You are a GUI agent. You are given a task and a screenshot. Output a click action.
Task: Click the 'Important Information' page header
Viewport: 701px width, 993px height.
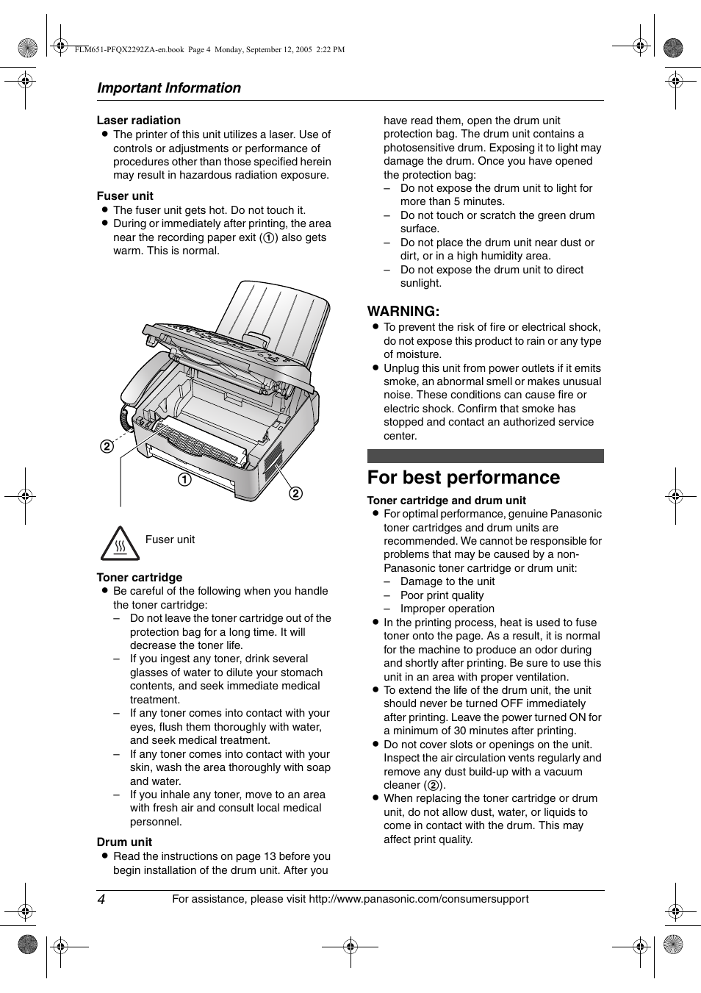click(168, 87)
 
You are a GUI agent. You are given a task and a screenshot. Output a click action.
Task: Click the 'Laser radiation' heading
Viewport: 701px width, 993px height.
click(138, 121)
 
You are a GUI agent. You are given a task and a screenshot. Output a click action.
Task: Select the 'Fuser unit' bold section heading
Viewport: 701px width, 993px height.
click(125, 196)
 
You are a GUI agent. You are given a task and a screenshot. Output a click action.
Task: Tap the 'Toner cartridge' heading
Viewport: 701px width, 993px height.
click(140, 578)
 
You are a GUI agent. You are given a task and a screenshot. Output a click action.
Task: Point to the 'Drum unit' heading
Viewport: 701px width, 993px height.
click(124, 842)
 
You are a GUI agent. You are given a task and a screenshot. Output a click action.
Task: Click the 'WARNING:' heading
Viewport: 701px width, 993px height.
click(403, 311)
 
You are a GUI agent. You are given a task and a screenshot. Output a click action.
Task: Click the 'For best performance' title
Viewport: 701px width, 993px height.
click(463, 478)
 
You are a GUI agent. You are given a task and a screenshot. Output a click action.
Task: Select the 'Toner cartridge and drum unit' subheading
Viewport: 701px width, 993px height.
click(446, 501)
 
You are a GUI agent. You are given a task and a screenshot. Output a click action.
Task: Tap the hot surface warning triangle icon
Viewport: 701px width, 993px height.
click(120, 544)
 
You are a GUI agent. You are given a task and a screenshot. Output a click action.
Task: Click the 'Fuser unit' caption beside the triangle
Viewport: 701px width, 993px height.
click(170, 539)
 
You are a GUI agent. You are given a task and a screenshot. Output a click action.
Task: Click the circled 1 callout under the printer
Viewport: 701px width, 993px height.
click(184, 480)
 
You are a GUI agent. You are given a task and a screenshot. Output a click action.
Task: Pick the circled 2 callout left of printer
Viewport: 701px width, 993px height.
click(107, 446)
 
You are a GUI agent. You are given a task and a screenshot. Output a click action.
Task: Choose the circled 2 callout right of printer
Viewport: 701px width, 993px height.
click(295, 493)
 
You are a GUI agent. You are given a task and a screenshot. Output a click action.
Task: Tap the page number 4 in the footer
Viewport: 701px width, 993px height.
click(101, 900)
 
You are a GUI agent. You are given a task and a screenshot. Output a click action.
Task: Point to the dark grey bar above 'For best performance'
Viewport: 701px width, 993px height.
click(485, 456)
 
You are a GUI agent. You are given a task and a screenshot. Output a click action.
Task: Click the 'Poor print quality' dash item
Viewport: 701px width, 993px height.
click(442, 595)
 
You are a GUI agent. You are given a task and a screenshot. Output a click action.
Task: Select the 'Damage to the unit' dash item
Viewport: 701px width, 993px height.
click(447, 581)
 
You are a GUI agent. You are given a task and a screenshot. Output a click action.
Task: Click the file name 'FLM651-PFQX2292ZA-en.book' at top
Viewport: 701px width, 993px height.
click(130, 50)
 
